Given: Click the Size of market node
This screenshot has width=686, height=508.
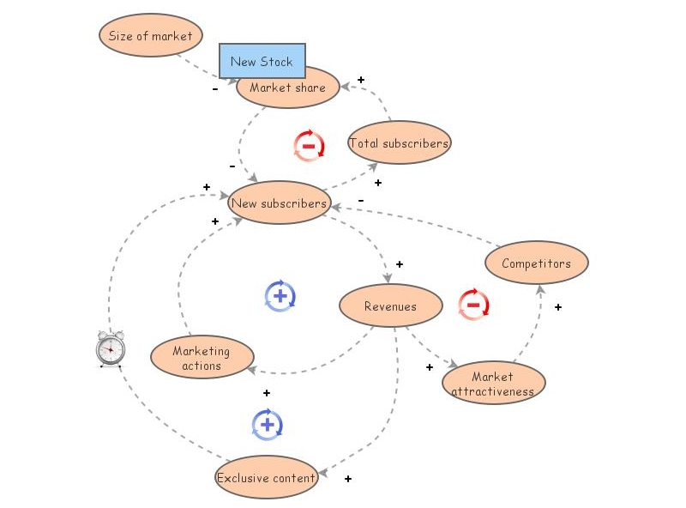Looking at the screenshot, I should coord(151,36).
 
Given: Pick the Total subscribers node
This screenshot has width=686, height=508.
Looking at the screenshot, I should coord(399,143).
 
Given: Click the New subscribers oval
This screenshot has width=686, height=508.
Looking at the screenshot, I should coord(279,203).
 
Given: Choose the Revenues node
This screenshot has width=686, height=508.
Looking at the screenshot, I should coord(390,306).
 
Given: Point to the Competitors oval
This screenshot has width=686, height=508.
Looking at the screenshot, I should coord(536,263).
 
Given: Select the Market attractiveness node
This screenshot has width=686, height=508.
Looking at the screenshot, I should coord(493,383).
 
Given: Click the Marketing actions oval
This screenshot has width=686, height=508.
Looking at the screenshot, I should coord(202,358).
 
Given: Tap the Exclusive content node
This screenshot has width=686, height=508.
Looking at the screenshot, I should coord(266,478).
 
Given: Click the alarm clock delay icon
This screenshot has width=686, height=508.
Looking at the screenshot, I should coord(110,348).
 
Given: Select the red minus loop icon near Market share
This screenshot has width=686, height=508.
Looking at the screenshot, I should coord(309,146).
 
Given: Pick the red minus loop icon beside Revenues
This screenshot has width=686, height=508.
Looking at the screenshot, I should coord(472,304).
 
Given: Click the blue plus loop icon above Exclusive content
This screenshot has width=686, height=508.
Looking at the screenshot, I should coord(268,424).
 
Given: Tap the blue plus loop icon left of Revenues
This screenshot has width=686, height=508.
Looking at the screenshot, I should coord(280,296).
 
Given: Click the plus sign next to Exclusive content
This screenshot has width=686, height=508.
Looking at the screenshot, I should coord(347,479).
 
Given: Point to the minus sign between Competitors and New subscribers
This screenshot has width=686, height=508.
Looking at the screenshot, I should coord(360,200).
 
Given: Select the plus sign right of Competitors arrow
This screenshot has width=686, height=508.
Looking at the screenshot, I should coord(557,306).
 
